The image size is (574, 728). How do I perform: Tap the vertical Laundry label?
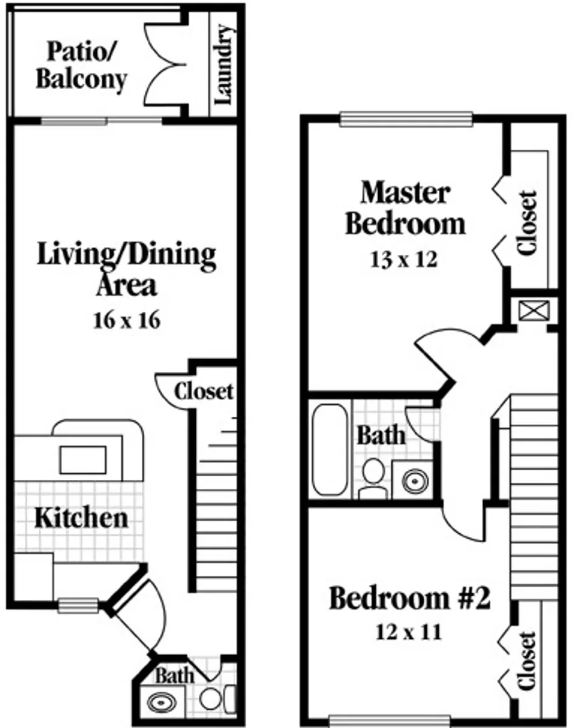224,64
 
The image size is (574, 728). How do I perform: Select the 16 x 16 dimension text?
127,320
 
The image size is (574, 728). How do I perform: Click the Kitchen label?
81,518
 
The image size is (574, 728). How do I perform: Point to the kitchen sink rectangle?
83,460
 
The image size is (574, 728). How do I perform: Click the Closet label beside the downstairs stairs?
204,391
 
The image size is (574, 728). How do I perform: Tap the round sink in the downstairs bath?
162,703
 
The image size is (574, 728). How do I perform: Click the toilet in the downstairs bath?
216,699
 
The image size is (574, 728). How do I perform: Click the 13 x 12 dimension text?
404,260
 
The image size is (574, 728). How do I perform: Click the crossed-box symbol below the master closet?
534,310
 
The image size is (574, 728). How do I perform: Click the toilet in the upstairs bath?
373,478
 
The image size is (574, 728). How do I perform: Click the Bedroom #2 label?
410,598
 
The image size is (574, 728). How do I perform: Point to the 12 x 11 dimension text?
409,632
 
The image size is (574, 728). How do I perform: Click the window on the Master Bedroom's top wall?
406,120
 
